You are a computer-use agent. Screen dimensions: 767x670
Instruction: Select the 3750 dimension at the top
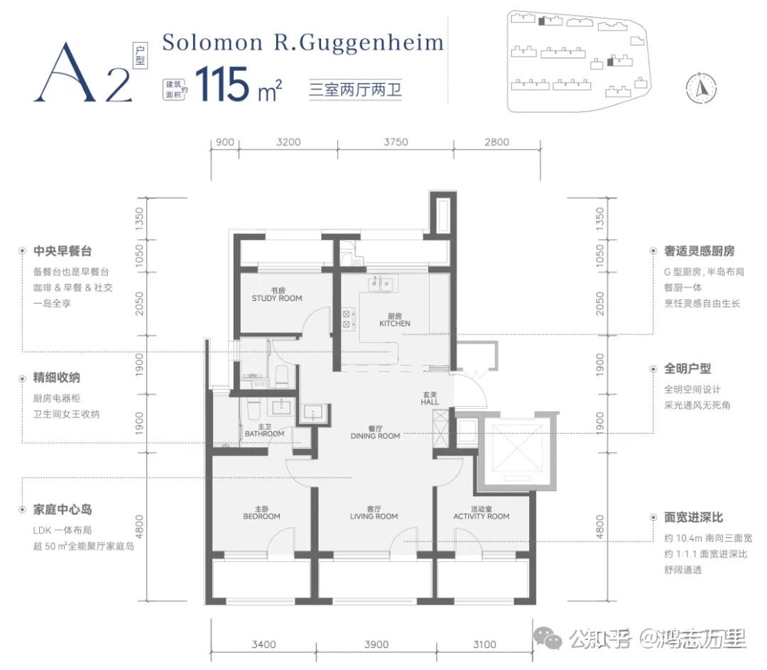(x=395, y=142)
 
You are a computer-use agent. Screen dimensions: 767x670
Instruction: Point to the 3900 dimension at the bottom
(x=376, y=644)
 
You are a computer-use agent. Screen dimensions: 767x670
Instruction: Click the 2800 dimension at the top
(x=496, y=142)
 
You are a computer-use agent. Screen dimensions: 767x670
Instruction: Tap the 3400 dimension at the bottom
(x=263, y=644)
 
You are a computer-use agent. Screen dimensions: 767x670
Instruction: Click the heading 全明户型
(x=687, y=369)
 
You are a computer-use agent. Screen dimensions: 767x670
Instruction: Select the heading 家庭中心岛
(x=62, y=510)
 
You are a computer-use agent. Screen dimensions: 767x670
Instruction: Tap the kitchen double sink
(x=380, y=285)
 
